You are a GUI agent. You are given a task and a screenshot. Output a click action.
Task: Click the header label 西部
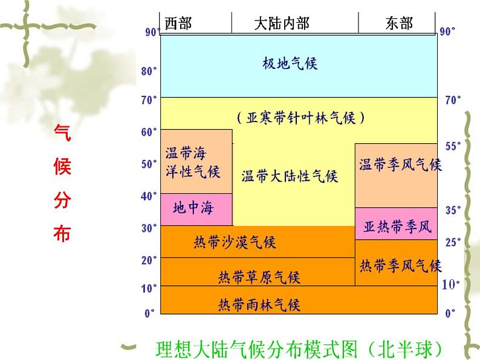point(177,23)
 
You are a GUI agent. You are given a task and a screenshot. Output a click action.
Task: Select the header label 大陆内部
point(281,23)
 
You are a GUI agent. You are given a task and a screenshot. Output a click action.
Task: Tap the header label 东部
point(399,23)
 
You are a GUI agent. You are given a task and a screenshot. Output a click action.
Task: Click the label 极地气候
point(290,63)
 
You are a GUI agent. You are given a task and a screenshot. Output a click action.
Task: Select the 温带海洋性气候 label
point(193,162)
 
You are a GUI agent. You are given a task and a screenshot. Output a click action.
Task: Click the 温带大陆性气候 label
point(289,176)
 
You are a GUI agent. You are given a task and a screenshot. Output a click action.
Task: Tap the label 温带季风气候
point(400,164)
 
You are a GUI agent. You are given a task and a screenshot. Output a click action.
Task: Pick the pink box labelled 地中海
point(193,209)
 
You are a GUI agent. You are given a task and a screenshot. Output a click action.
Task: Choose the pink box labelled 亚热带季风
point(396,227)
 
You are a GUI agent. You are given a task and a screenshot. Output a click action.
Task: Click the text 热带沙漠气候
point(234,242)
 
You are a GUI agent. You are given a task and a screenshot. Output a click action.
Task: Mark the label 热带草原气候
point(259,277)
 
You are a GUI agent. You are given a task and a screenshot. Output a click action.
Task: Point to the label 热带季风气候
point(400,265)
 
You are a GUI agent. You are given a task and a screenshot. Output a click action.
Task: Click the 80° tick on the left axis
point(149,71)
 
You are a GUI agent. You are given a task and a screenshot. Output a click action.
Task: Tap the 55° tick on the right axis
point(453,146)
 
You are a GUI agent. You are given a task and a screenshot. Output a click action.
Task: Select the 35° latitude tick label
point(453,210)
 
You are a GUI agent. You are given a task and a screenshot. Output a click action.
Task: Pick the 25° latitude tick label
point(453,242)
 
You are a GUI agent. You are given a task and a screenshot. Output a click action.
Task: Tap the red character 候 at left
point(62,166)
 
